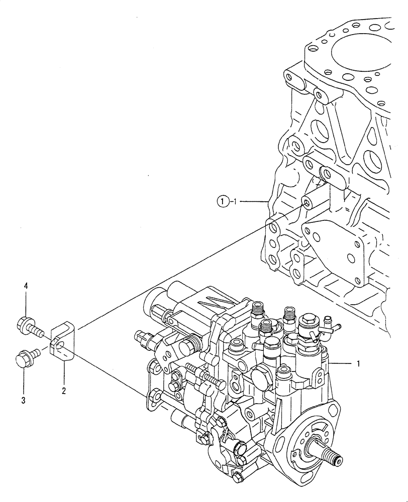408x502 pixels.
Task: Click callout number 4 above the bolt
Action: [x=26, y=286]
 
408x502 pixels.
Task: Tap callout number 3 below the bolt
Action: [x=24, y=400]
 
